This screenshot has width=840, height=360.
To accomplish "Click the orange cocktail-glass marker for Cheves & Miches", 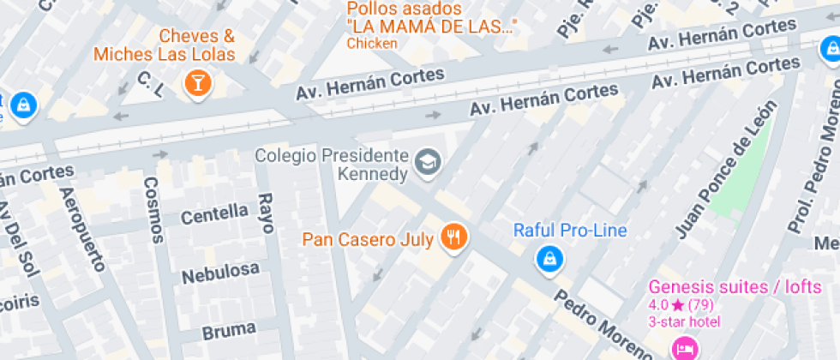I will pyautogui.click(x=198, y=84).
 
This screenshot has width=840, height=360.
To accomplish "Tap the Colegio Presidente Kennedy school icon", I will pyautogui.click(x=427, y=160).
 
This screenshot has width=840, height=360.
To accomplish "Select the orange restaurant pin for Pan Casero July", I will pyautogui.click(x=453, y=237).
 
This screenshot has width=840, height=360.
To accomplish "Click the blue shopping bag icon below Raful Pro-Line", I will pyautogui.click(x=549, y=257).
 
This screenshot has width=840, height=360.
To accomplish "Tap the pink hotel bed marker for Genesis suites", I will pyautogui.click(x=684, y=348).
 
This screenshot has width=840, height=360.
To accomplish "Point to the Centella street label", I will pyautogui.click(x=214, y=214).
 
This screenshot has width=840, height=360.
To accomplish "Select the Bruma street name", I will pyautogui.click(x=229, y=329).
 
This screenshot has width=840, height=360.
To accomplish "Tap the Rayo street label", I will pyautogui.click(x=266, y=212).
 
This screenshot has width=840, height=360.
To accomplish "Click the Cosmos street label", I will pyautogui.click(x=153, y=210).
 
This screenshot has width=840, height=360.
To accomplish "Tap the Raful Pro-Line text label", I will pyautogui.click(x=570, y=231).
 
